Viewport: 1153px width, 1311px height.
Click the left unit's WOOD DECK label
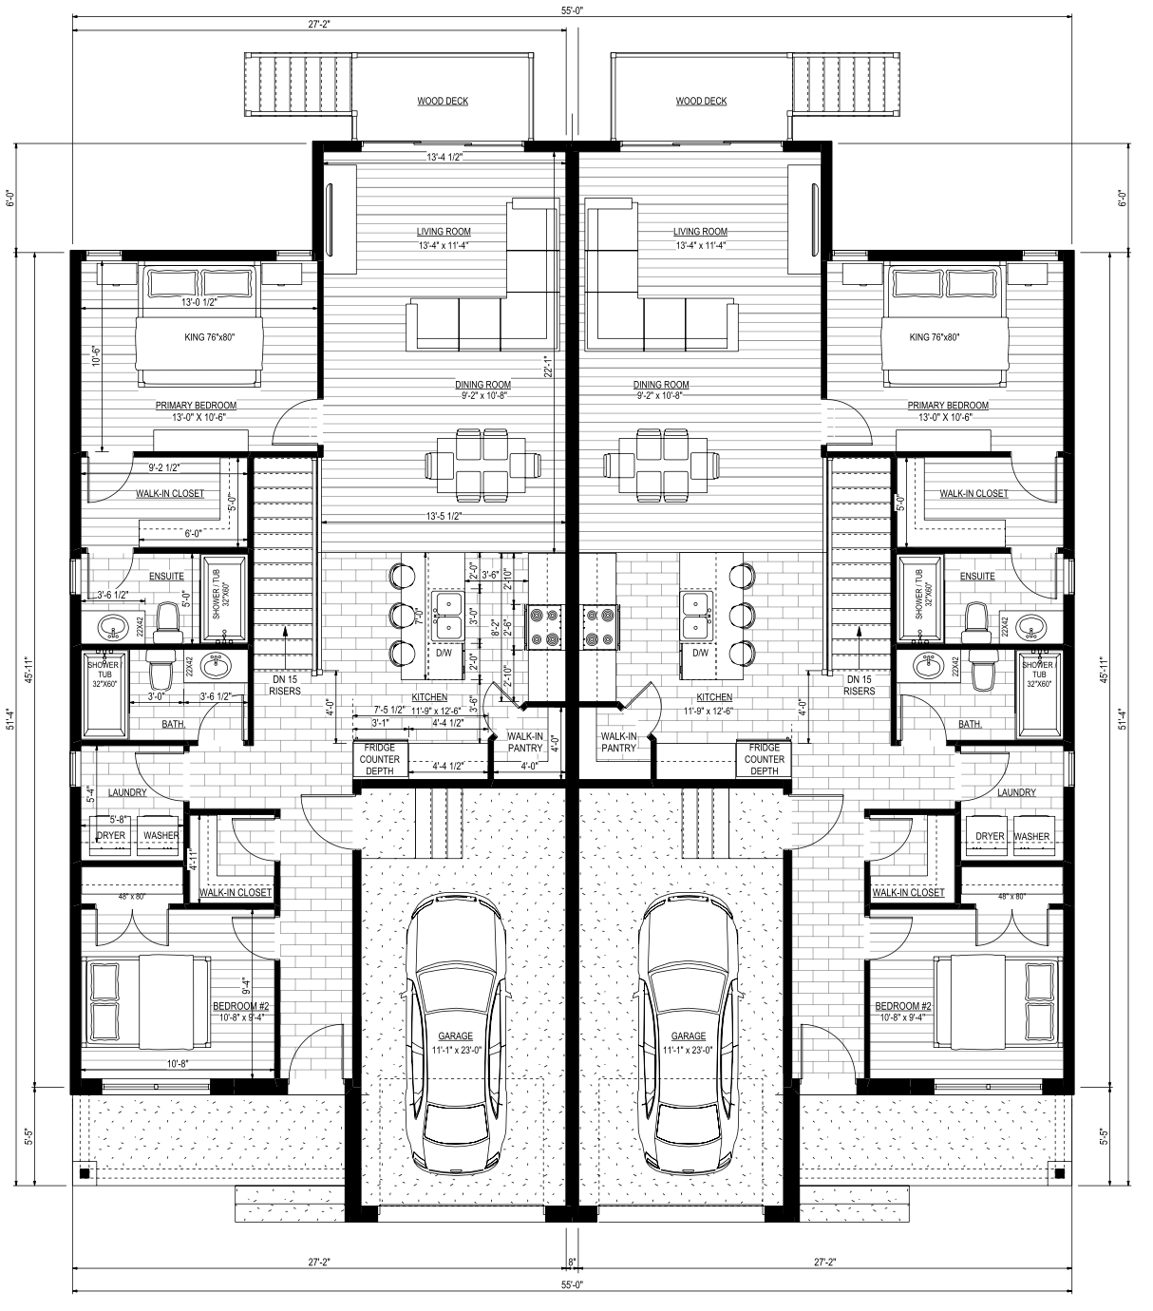tap(443, 101)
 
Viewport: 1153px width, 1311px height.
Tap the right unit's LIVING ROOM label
tap(700, 232)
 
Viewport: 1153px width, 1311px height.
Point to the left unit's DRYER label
tap(110, 835)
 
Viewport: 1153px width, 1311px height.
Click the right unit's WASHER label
tap(1031, 836)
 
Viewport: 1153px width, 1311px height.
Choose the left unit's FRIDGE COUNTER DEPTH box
tap(381, 759)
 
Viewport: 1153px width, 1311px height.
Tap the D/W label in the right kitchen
tap(700, 653)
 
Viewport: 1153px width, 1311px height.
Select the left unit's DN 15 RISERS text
tap(285, 685)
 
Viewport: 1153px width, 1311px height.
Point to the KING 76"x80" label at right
tap(935, 337)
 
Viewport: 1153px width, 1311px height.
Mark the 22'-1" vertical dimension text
tap(547, 367)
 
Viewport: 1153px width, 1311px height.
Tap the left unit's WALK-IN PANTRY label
tap(524, 742)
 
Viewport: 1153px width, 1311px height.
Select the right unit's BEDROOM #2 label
tap(903, 1006)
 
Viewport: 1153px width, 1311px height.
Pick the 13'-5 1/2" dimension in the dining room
tap(444, 517)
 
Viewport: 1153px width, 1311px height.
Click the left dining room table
tap(483, 465)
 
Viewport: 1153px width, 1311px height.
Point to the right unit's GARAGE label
tap(688, 1036)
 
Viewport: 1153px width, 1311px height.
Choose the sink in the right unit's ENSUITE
tap(1031, 626)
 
